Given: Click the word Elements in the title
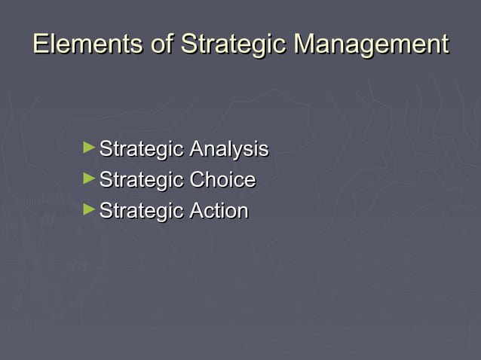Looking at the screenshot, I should (87, 44).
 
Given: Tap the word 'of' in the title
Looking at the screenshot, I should (162, 44).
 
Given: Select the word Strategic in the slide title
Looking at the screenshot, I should (234, 45).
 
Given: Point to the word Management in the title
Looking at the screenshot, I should (372, 45).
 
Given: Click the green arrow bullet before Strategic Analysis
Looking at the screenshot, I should (90, 148).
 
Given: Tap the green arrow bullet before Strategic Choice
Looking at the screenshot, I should (90, 179).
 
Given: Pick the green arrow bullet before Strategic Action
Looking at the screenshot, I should (90, 210).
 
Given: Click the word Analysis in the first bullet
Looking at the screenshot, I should (228, 150).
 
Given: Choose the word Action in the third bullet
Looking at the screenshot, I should (219, 212).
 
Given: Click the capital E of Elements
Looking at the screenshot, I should (41, 44).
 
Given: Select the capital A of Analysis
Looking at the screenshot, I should (197, 149).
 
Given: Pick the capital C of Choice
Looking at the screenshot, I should (198, 181).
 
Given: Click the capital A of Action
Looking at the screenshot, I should (197, 212).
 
